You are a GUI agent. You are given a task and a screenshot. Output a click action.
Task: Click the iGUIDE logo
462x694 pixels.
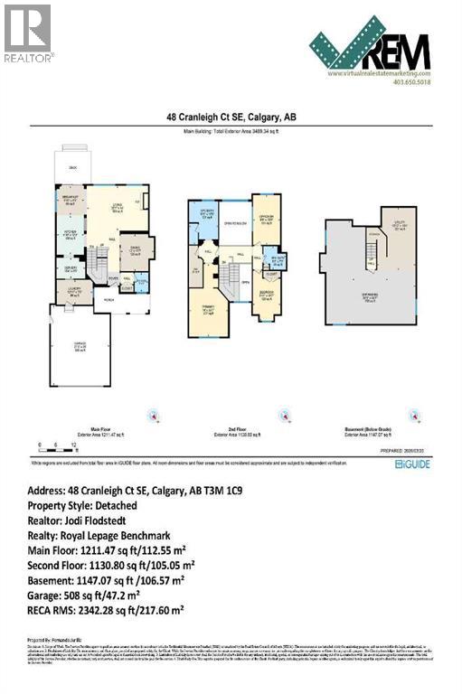coord(411,464)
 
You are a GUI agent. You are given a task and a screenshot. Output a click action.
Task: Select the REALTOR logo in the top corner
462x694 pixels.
coord(27,33)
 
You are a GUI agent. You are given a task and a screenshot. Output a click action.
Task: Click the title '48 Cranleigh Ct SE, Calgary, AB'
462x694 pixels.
coord(231,117)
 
